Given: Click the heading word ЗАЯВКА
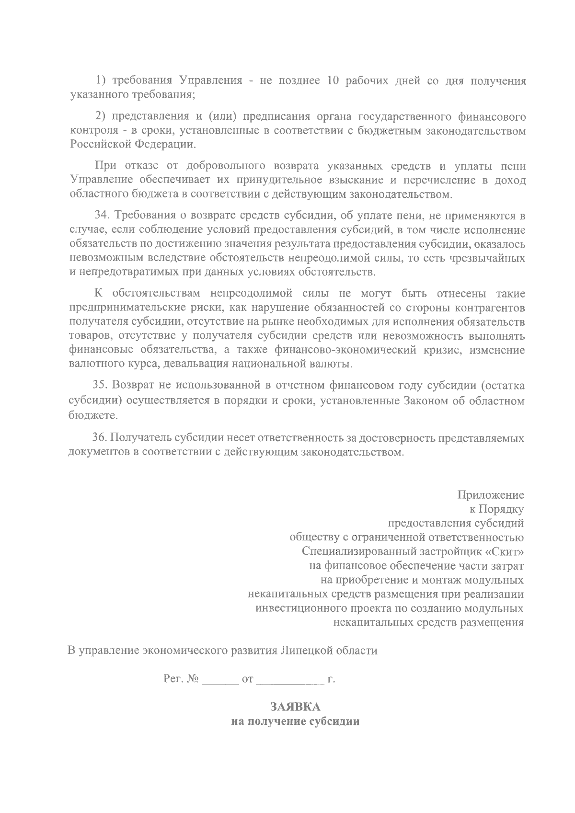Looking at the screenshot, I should [295, 707].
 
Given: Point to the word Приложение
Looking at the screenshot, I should [491, 494].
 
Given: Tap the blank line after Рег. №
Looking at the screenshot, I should [220, 679].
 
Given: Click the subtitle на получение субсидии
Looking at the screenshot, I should [295, 721].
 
